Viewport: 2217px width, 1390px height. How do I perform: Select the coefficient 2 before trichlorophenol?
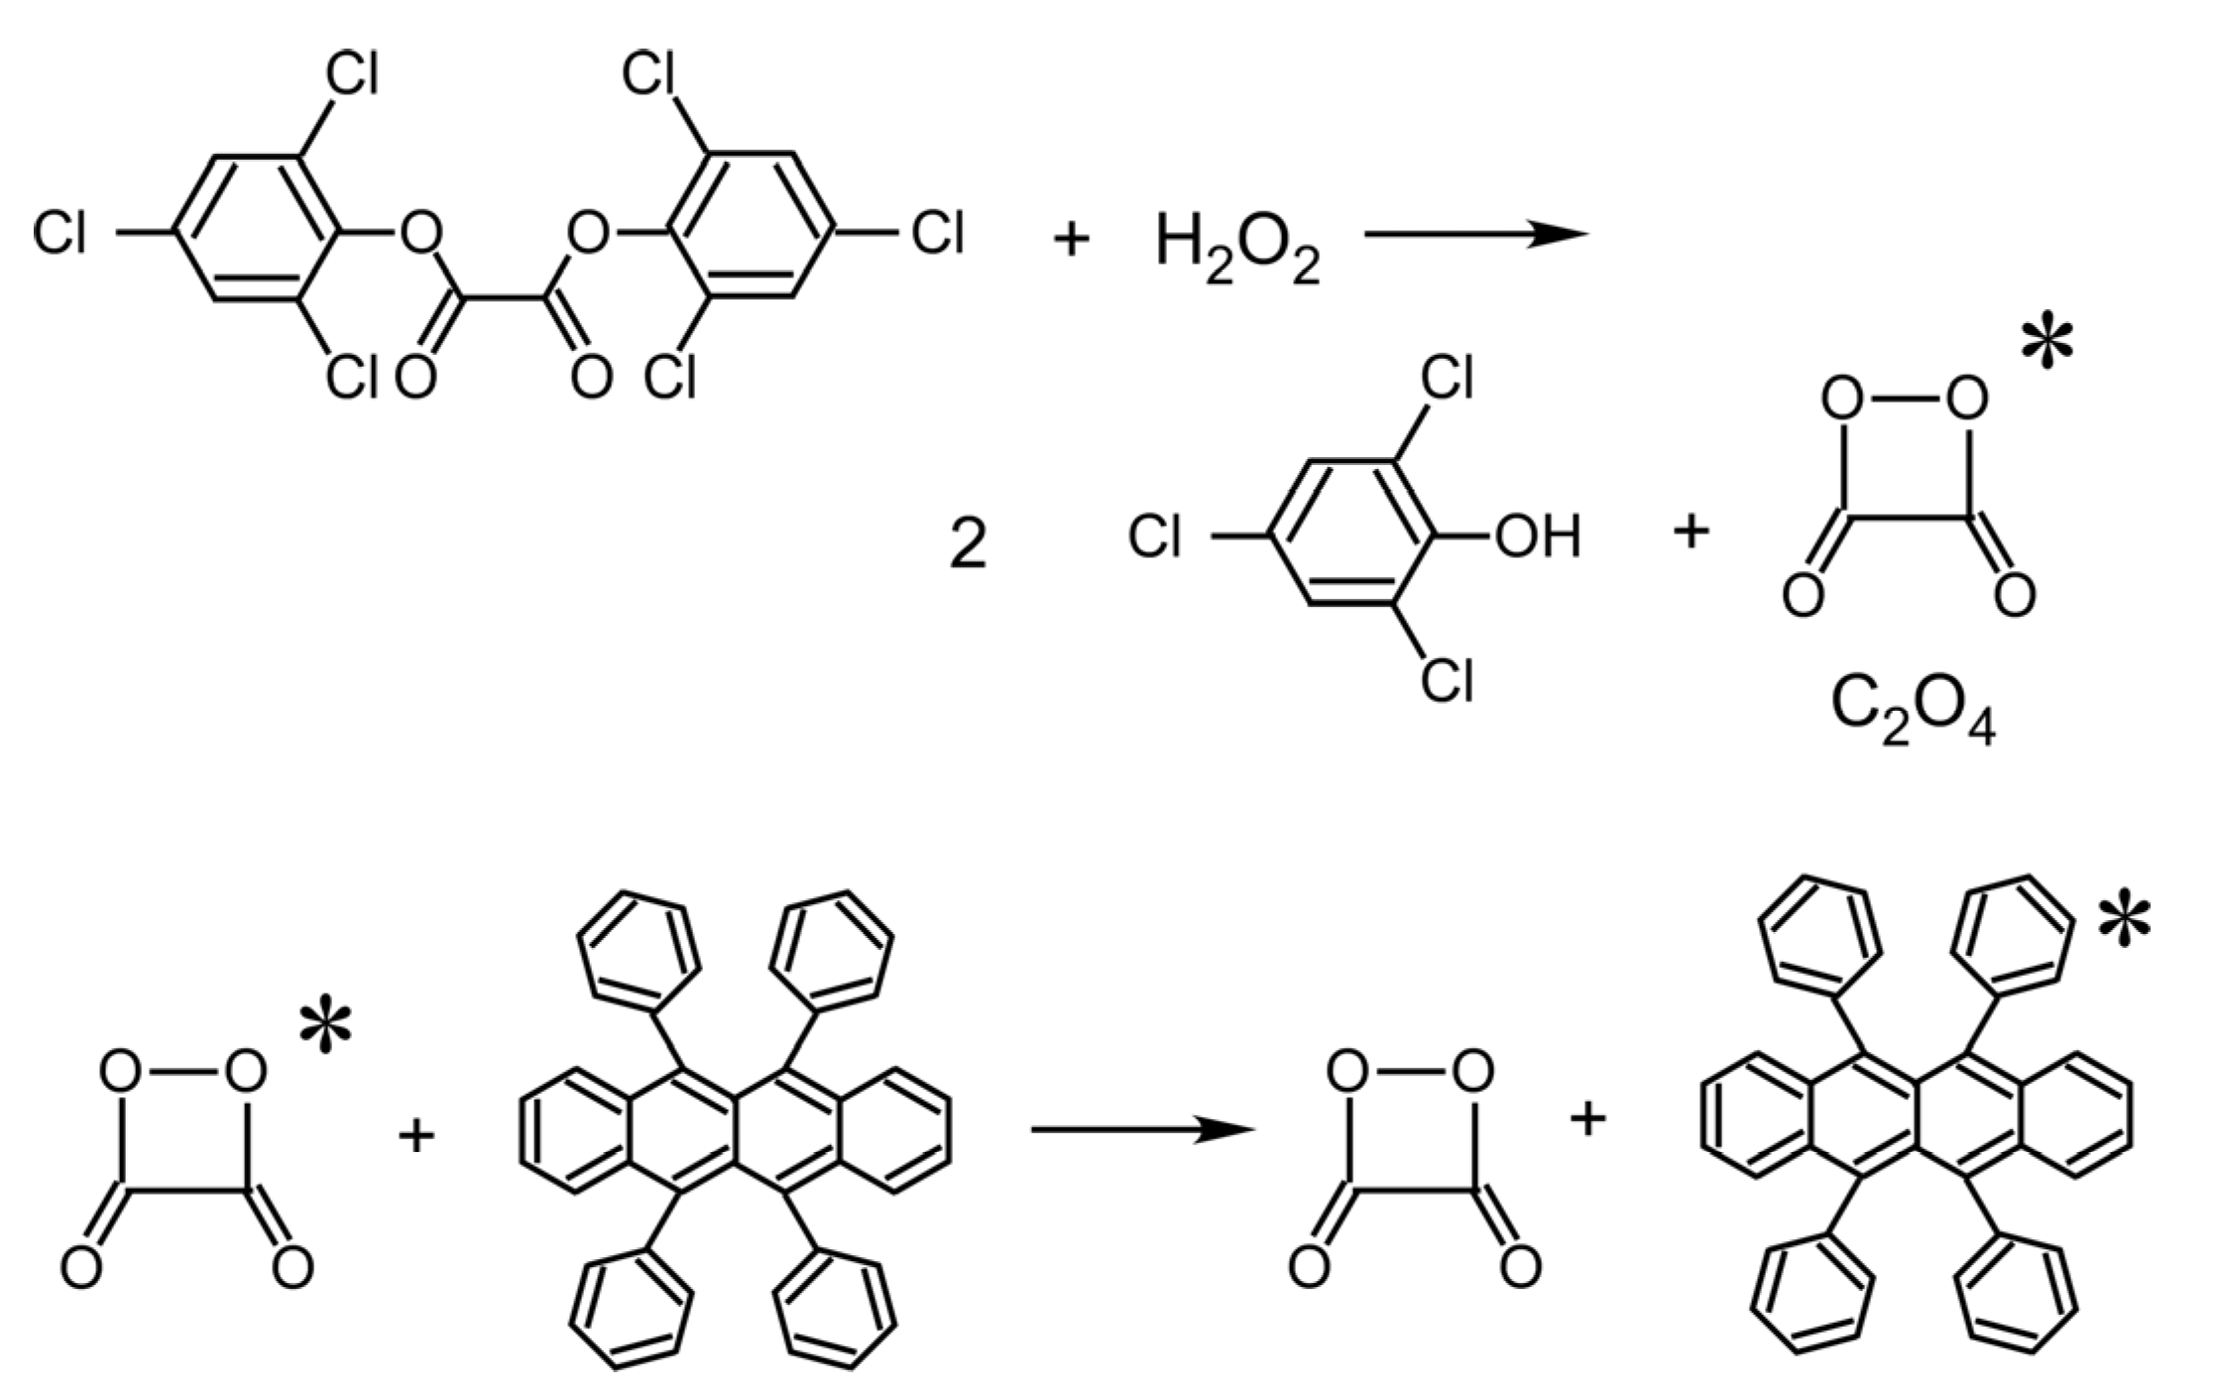(968, 546)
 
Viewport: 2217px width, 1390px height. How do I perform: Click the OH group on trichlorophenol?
(1537, 538)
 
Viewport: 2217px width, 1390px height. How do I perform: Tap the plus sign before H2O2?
(1071, 239)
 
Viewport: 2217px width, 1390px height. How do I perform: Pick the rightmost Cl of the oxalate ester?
(937, 235)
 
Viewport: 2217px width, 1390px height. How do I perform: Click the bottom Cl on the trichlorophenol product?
(1447, 681)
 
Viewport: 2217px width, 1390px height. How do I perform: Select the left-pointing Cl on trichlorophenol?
(1155, 539)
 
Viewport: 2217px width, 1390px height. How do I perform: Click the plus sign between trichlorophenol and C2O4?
(1691, 532)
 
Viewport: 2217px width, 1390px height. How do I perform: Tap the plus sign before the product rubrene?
(1587, 1119)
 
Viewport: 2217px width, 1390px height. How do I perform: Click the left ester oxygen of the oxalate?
(419, 235)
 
